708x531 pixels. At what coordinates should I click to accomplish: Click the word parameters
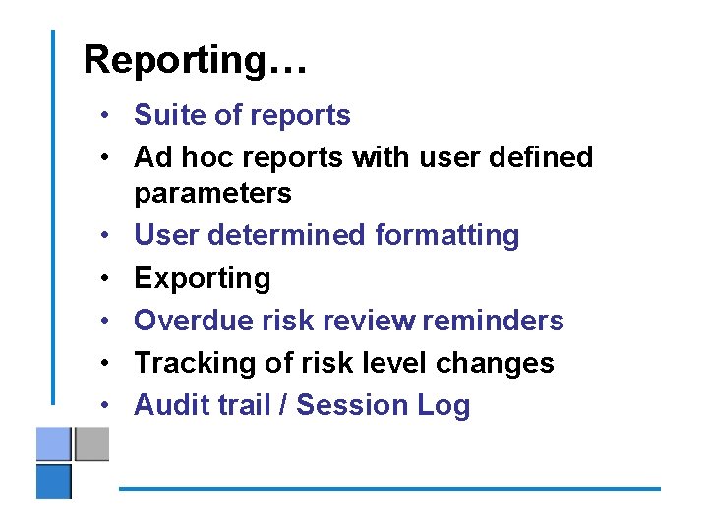pos(212,193)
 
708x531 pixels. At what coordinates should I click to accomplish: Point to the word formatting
pos(446,236)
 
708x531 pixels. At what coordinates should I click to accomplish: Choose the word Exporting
pos(202,279)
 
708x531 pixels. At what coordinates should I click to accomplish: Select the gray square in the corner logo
pos(91,444)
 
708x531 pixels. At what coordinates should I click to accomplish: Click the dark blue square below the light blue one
pos(54,481)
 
